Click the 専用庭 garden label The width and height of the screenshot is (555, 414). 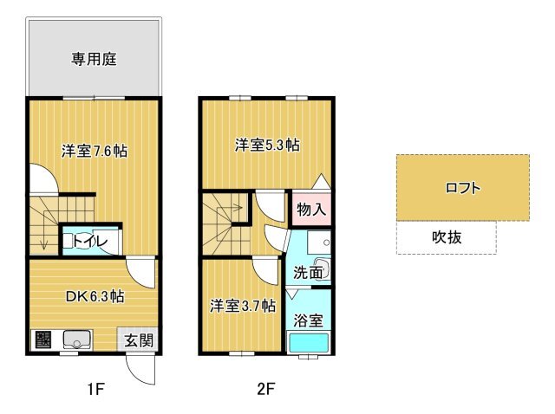tap(94, 59)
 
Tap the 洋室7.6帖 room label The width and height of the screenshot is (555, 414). tap(95, 152)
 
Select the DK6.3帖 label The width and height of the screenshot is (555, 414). tap(95, 296)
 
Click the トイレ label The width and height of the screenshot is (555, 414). tap(90, 242)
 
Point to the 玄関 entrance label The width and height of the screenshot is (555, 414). tap(139, 340)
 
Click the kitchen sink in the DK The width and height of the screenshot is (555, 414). tap(77, 340)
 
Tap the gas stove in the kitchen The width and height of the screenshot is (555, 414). tap(43, 340)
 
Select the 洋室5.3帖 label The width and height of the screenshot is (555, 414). tap(267, 146)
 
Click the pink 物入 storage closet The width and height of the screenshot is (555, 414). tap(311, 210)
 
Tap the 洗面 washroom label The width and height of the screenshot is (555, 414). tap(308, 273)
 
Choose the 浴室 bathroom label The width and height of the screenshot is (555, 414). tap(309, 320)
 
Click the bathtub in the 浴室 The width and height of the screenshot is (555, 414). tap(309, 343)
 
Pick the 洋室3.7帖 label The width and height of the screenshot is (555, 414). tap(243, 306)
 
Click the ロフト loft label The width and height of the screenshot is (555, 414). tap(463, 188)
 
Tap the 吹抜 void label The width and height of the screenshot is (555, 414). tap(447, 237)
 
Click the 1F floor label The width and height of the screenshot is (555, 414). tap(95, 390)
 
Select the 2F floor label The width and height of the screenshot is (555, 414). tap(266, 390)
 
